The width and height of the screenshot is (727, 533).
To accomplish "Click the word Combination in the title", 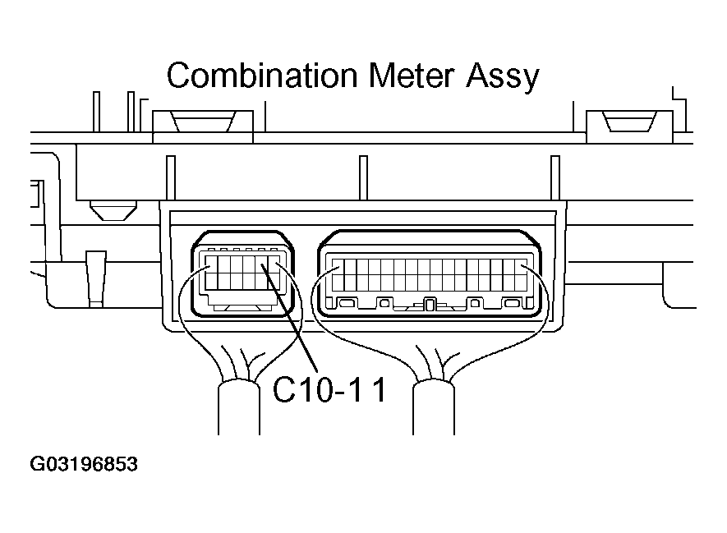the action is (262, 75).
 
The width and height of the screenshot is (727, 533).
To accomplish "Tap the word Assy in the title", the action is (503, 77).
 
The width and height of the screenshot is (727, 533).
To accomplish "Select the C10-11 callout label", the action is (329, 389).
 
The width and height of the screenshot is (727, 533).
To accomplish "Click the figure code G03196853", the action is (84, 464).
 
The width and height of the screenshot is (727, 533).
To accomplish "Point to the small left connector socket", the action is (242, 274).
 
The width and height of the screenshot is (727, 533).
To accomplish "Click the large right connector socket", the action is (430, 274).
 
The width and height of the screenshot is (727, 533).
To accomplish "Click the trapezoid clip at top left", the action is (203, 122).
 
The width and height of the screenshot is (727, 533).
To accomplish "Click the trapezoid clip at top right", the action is (629, 122).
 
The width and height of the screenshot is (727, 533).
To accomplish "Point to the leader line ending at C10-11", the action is (290, 318).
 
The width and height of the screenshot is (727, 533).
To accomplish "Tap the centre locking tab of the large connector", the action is (430, 305).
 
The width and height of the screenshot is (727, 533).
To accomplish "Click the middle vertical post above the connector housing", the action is (363, 178).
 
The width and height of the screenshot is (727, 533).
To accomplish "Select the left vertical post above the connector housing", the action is (171, 178).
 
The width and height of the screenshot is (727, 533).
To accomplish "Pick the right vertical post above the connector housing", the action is (555, 178).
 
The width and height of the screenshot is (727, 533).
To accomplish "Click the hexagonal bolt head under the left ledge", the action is (113, 211).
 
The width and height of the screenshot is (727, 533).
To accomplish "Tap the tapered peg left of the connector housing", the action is (96, 278).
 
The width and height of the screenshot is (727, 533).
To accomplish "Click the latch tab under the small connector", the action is (242, 307).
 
